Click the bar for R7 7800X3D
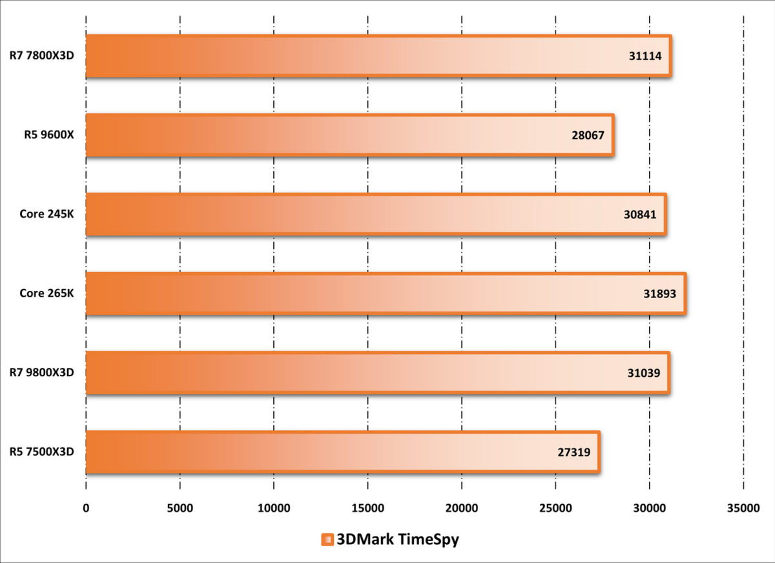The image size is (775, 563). pyautogui.click(x=378, y=56)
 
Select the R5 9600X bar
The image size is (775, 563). pyautogui.click(x=349, y=135)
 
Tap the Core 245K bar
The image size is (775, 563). pyautogui.click(x=375, y=214)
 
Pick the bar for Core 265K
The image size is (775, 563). pyautogui.click(x=386, y=293)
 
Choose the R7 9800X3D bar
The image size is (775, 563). pyautogui.click(x=377, y=373)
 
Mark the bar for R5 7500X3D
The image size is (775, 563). pyautogui.click(x=342, y=452)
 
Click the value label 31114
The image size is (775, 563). pyautogui.click(x=645, y=56)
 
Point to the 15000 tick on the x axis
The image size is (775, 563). pyautogui.click(x=367, y=509)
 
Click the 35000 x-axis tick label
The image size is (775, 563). pyautogui.click(x=743, y=509)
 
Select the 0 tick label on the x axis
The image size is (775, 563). pyautogui.click(x=86, y=509)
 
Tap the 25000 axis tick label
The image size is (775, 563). pyautogui.click(x=555, y=509)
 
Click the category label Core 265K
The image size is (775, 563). pyautogui.click(x=46, y=293)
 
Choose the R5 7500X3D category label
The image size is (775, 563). pyautogui.click(x=42, y=452)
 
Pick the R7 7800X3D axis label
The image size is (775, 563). pyautogui.click(x=42, y=56)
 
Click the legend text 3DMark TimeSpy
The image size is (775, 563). pyautogui.click(x=397, y=540)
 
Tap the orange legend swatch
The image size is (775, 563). pyautogui.click(x=327, y=540)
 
